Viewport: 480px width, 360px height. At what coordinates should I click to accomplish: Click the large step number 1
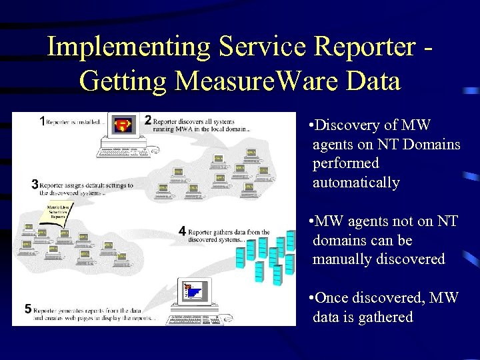(42, 121)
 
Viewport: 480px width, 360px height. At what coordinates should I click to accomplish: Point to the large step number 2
(148, 121)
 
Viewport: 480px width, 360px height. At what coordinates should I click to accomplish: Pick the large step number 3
(35, 185)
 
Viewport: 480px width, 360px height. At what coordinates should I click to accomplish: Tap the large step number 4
(182, 231)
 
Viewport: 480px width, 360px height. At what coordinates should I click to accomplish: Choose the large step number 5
(28, 308)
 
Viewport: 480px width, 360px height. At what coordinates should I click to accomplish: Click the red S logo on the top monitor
(123, 125)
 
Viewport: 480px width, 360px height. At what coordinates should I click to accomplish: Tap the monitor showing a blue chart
(193, 291)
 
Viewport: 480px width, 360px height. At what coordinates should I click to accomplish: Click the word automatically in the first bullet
(356, 183)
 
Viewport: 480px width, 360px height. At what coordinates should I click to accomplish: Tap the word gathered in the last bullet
(387, 317)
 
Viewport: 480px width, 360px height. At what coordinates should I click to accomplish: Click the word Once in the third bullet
(331, 298)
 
